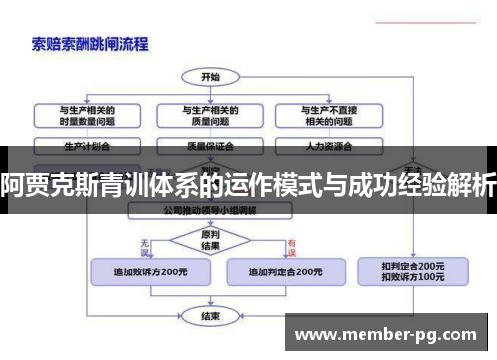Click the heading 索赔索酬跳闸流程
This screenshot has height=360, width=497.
[90, 44]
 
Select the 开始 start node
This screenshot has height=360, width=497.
[210, 77]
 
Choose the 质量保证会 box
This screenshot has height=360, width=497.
[210, 145]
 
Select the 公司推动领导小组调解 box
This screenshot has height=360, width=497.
[210, 211]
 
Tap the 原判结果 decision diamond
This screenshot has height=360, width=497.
[210, 240]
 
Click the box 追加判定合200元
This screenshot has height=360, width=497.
[285, 270]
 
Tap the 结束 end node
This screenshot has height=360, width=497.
[210, 316]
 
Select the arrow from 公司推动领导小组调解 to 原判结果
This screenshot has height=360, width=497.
[210, 222]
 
